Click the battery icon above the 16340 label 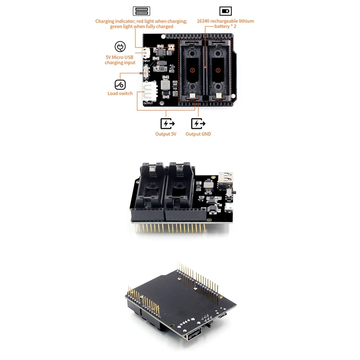pyautogui.click(x=225, y=11)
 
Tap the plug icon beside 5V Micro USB pyautogui.click(x=120, y=47)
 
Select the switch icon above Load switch pyautogui.click(x=120, y=84)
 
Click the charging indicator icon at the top pyautogui.click(x=141, y=11)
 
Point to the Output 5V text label pyautogui.click(x=166, y=134)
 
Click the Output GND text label pyautogui.click(x=198, y=134)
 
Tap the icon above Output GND pyautogui.click(x=198, y=123)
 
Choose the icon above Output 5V pyautogui.click(x=167, y=123)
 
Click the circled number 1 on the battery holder pyautogui.click(x=192, y=70)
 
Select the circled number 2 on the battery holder pyautogui.click(x=218, y=70)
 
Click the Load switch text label pyautogui.click(x=120, y=94)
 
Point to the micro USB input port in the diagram pyautogui.click(x=146, y=53)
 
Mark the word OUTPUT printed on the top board pyautogui.click(x=148, y=103)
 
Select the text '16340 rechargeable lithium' pyautogui.click(x=225, y=21)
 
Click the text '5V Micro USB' pyautogui.click(x=120, y=57)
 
